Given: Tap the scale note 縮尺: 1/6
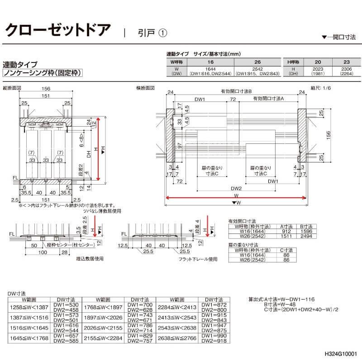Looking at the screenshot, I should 321,88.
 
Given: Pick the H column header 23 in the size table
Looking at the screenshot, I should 347,61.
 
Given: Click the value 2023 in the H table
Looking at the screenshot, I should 318,68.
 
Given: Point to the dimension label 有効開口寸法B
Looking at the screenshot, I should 233,91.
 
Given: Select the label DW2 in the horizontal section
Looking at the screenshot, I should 236,188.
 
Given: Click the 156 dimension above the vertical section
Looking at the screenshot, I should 45,89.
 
